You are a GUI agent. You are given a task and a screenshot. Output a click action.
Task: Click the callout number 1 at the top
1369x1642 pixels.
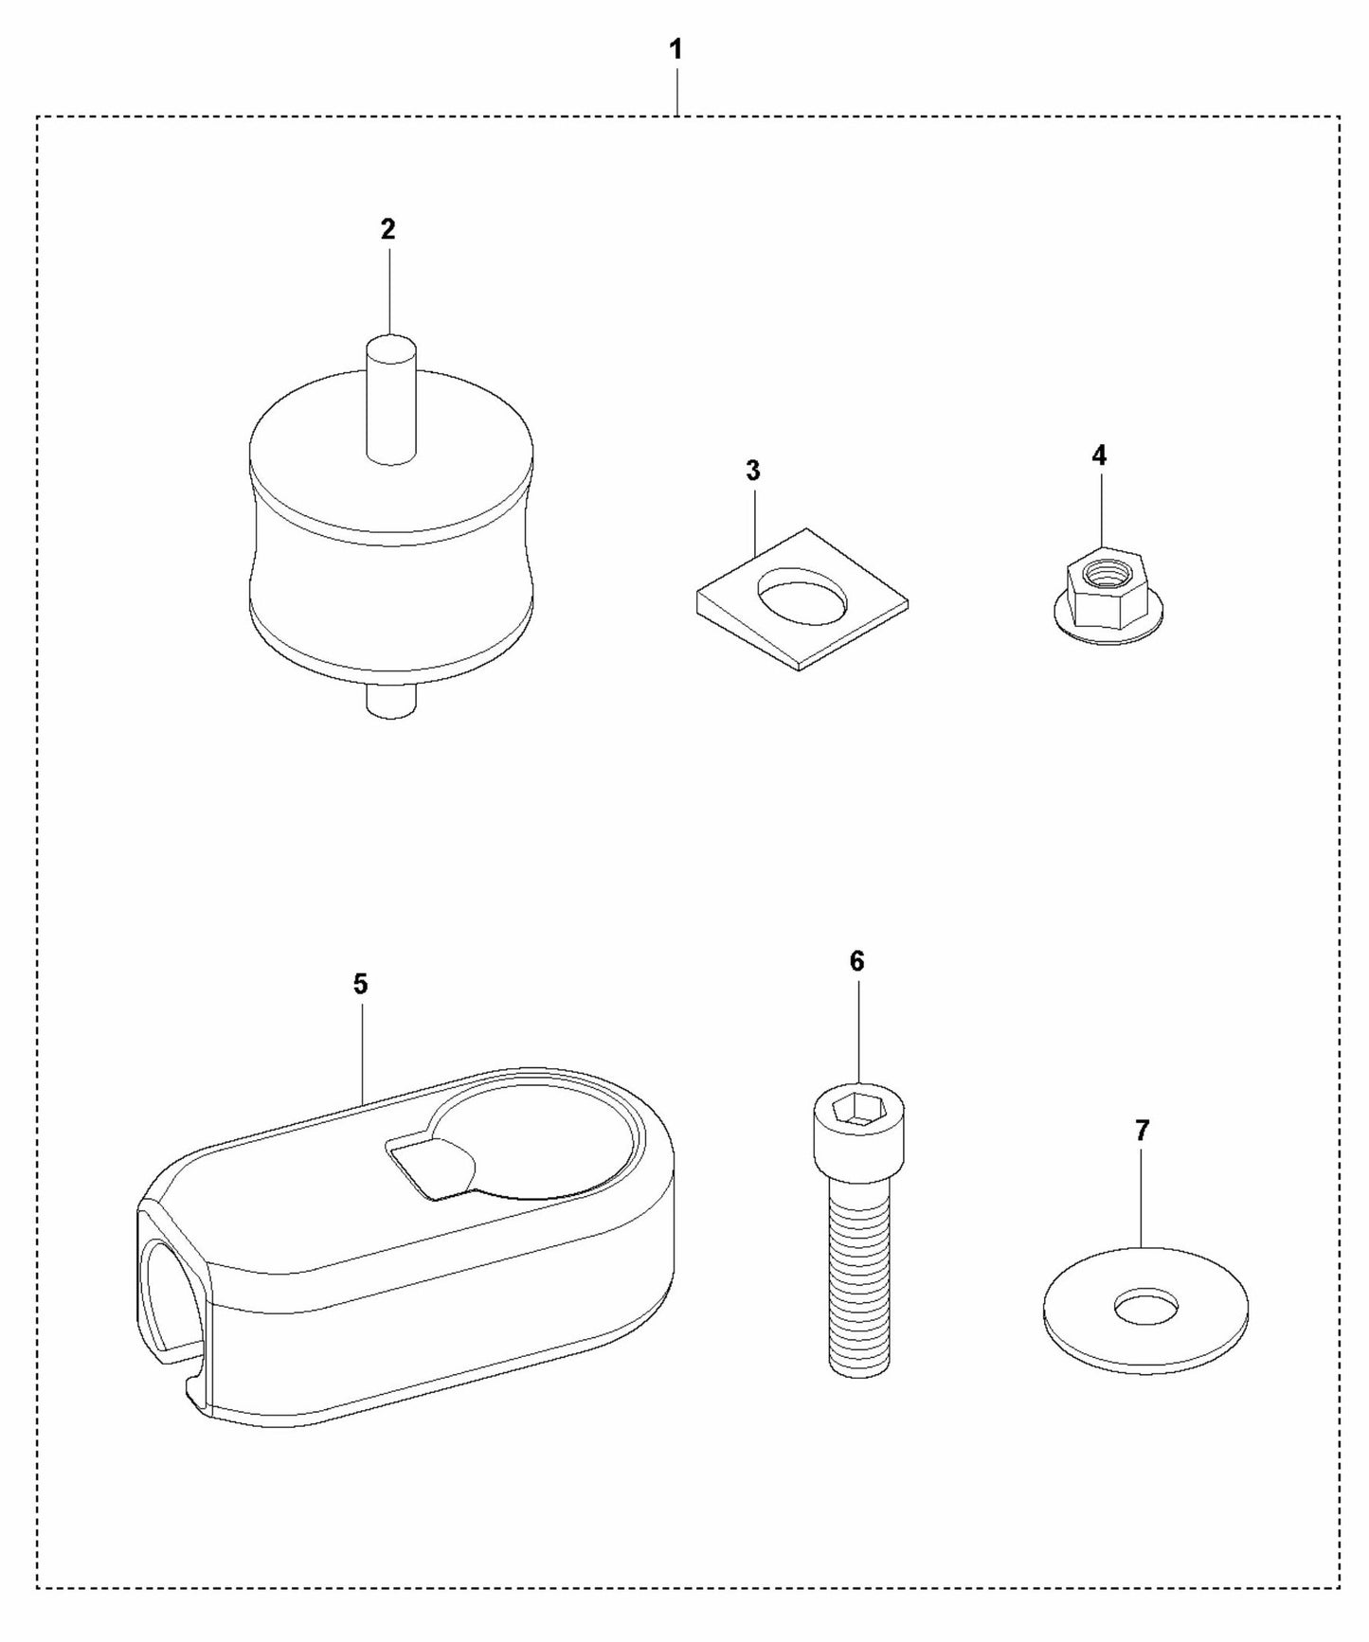[675, 50]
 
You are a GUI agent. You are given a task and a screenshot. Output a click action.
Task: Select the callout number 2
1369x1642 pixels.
[387, 229]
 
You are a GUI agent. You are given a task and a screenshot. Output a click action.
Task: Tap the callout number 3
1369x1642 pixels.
[753, 471]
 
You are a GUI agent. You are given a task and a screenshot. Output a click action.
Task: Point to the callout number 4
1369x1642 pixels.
[1098, 455]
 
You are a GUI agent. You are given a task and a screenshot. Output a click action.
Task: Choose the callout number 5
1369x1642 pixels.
[360, 984]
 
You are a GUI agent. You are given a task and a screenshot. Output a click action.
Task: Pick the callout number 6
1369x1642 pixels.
[856, 961]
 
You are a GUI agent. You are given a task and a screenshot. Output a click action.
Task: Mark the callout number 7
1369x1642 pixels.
[1142, 1130]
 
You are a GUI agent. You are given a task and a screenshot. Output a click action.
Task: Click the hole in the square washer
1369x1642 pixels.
[801, 596]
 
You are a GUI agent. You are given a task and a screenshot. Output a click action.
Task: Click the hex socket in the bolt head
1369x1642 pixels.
[858, 1106]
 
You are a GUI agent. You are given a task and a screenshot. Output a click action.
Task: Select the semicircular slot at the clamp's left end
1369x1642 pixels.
[169, 1296]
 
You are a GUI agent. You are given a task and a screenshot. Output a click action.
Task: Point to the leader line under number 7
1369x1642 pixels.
[1143, 1197]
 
